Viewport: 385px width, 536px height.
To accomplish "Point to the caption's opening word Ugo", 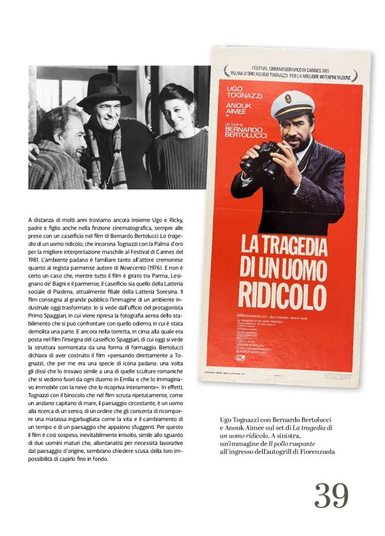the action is (227, 419).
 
